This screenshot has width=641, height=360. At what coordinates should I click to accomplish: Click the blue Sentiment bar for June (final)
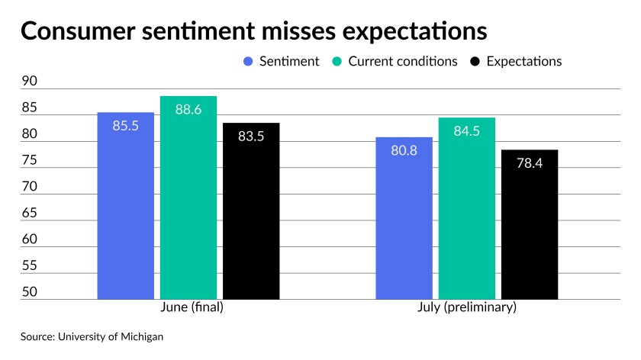(125, 205)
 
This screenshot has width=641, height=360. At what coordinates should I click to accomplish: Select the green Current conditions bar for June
(188, 198)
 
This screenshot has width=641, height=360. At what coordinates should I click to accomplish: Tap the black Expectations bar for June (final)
(251, 211)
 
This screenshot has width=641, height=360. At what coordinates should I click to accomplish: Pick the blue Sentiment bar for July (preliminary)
(404, 218)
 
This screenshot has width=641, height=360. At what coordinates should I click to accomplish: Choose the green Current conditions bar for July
(467, 208)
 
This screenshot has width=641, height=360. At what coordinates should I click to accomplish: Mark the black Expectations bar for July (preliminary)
(530, 224)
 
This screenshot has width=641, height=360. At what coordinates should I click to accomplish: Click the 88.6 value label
(188, 110)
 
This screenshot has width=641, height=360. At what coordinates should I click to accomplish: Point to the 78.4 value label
(530, 163)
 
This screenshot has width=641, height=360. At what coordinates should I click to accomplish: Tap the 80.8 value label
(404, 151)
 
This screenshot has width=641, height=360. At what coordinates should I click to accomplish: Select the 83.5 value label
(251, 137)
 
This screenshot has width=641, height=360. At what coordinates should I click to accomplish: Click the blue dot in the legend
(248, 62)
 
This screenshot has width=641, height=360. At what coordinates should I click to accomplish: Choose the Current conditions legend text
(403, 61)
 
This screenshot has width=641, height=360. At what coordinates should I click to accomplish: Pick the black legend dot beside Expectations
(475, 62)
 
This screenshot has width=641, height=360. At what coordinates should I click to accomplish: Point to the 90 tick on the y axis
(30, 81)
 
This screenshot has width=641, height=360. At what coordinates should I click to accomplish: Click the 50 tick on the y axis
(30, 292)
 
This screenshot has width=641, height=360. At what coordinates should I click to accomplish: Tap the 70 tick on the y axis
(30, 186)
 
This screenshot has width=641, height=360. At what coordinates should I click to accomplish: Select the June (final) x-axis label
(192, 307)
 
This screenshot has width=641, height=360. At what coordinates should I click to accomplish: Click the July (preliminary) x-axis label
(467, 307)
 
